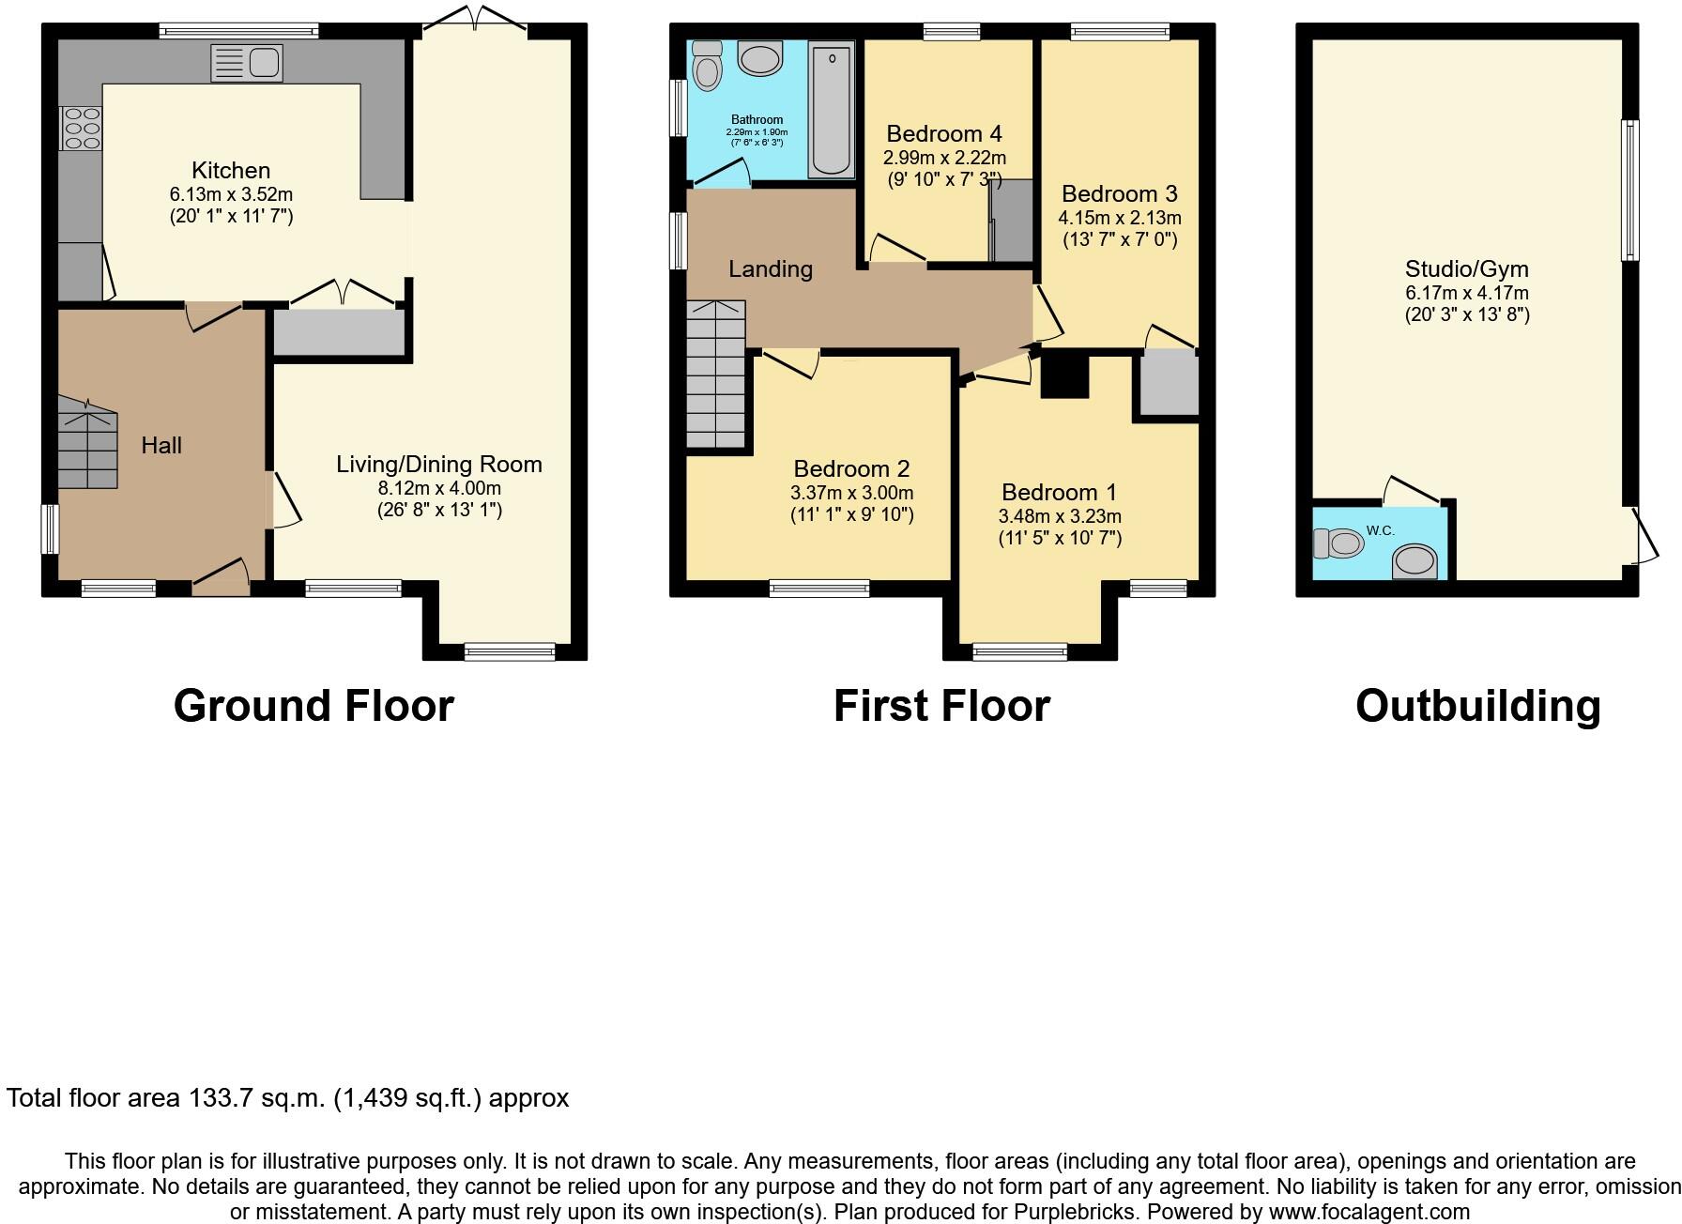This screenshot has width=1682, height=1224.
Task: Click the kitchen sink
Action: (247, 63)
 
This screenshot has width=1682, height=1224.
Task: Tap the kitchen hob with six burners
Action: (81, 129)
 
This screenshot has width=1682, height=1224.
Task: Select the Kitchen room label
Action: (231, 170)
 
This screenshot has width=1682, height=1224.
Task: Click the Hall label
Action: (161, 445)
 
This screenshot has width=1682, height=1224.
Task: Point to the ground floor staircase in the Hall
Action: (88, 442)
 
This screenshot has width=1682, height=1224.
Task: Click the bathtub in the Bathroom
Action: (832, 109)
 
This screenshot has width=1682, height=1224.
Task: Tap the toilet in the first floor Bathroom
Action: (707, 65)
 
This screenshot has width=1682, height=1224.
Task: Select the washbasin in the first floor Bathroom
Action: (761, 58)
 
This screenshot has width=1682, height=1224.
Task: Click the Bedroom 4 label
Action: (944, 133)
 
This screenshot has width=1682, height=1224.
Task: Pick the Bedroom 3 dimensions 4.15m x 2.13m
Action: (1120, 218)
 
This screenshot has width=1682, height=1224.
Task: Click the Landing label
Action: (771, 269)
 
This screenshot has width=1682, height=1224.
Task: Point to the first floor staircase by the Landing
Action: (716, 374)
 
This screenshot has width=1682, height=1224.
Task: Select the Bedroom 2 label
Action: (851, 468)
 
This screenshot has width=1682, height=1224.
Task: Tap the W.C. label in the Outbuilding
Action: (1381, 530)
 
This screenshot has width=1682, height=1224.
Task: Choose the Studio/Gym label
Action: (1467, 268)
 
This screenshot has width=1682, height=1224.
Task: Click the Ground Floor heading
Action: (313, 706)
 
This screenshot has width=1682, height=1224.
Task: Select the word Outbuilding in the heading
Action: (1478, 706)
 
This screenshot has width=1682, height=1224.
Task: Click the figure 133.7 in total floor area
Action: (219, 1097)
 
